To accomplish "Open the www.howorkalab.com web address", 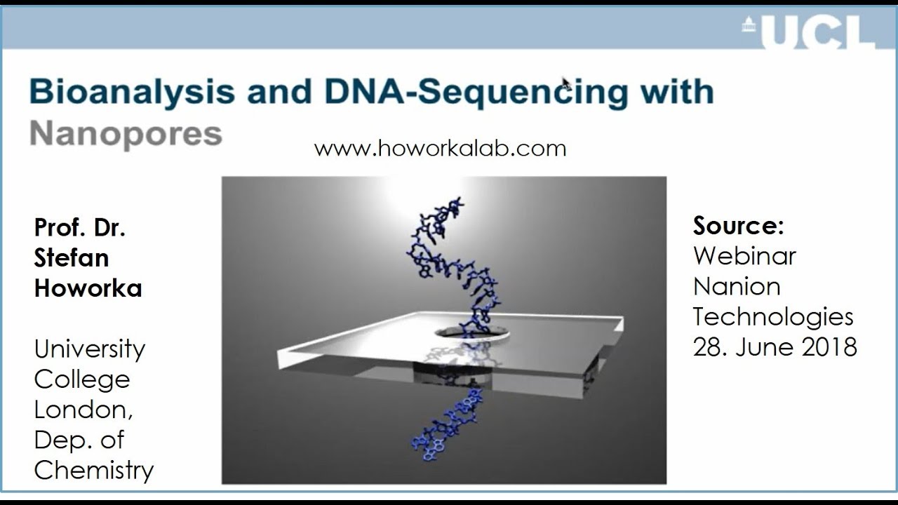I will (x=440, y=149).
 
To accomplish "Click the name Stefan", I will (x=72, y=257).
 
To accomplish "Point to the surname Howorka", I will (x=88, y=288).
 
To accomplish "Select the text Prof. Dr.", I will (x=79, y=227).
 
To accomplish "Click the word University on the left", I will (x=89, y=349).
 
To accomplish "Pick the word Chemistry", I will (x=93, y=470).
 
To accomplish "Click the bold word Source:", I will (x=738, y=226).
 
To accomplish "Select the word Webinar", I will (x=744, y=256).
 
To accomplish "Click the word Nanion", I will (x=737, y=286).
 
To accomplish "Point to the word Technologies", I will (x=773, y=317).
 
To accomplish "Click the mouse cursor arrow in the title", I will (x=566, y=83).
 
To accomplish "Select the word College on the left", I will (x=81, y=379).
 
